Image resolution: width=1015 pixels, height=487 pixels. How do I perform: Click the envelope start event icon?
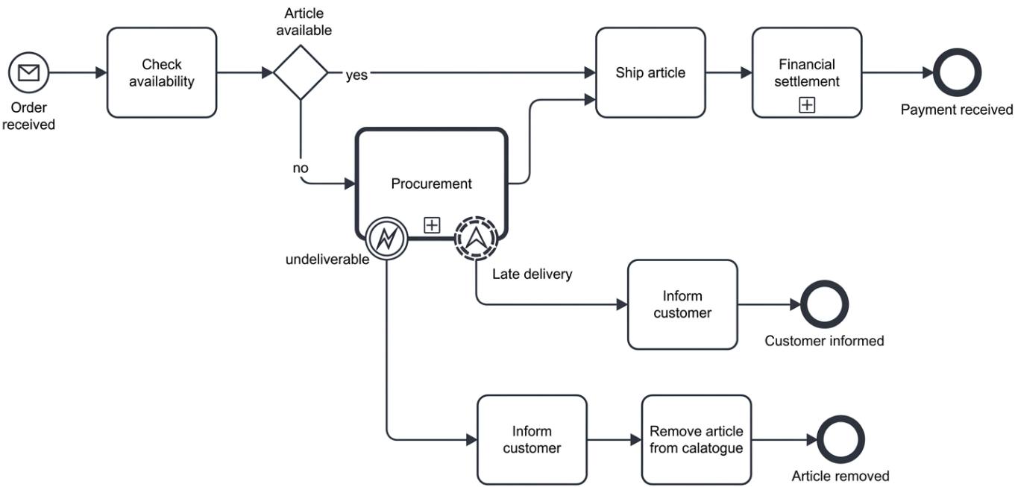28,72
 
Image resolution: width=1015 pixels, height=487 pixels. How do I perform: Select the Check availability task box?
162,72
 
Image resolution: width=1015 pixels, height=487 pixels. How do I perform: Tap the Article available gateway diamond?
301,72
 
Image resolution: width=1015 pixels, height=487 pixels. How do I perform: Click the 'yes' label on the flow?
356,75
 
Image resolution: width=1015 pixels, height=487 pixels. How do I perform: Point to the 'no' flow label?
301,168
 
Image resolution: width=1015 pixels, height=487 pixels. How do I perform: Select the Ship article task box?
650,72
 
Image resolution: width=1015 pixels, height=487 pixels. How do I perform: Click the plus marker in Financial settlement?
807,105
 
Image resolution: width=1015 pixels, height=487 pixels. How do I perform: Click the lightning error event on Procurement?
386,239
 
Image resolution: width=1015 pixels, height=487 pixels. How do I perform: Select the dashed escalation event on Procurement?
477,239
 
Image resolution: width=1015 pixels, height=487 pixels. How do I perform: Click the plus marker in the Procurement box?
432,224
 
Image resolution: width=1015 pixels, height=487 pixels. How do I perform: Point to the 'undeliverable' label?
327,260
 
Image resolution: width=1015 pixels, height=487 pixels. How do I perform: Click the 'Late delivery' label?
532,274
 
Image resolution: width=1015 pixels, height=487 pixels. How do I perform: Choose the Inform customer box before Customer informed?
682,304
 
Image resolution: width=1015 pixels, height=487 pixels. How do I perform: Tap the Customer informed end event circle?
825,304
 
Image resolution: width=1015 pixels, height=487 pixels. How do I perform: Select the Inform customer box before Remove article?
532,439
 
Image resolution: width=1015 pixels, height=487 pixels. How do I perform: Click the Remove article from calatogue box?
697,439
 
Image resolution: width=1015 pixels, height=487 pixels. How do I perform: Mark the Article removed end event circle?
840,439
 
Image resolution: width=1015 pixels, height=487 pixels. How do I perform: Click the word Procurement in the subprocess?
431,183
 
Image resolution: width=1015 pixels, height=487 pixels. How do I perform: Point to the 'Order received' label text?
28,116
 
